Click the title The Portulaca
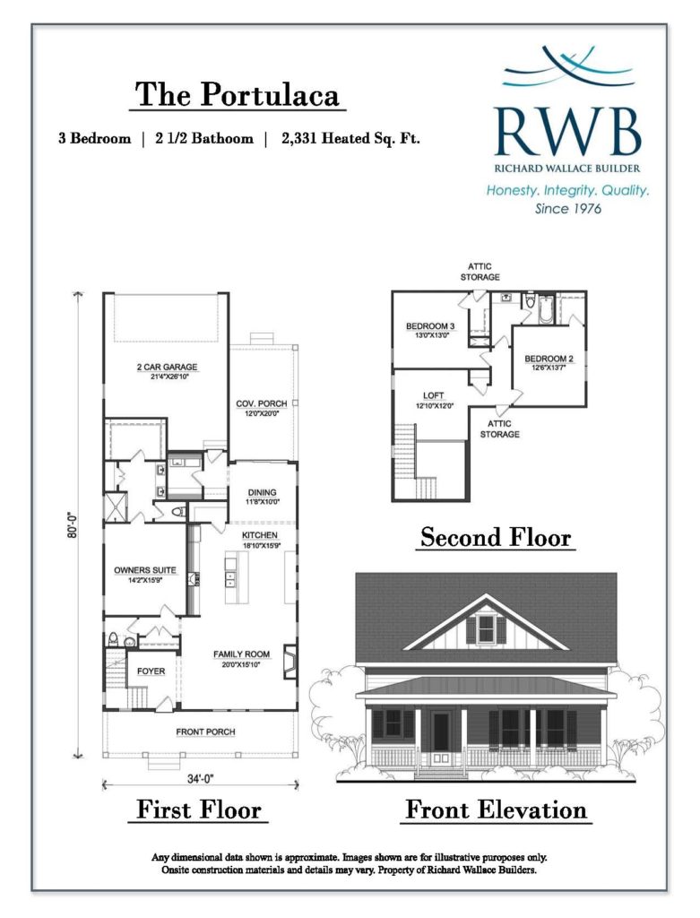tap(237, 94)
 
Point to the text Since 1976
tap(567, 208)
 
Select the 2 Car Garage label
tap(167, 367)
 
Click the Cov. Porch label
tap(262, 403)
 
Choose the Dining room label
tap(262, 492)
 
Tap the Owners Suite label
tap(144, 569)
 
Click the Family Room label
tap(241, 654)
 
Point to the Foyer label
tap(151, 671)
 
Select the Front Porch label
tap(205, 732)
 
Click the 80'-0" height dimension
tap(73, 525)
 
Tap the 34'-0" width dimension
tap(200, 779)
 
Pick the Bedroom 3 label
tap(430, 326)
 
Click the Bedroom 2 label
tap(549, 359)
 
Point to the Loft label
tap(433, 395)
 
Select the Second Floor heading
tap(495, 537)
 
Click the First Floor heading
tap(198, 810)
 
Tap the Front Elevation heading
tap(496, 810)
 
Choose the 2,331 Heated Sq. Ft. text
tap(350, 139)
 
